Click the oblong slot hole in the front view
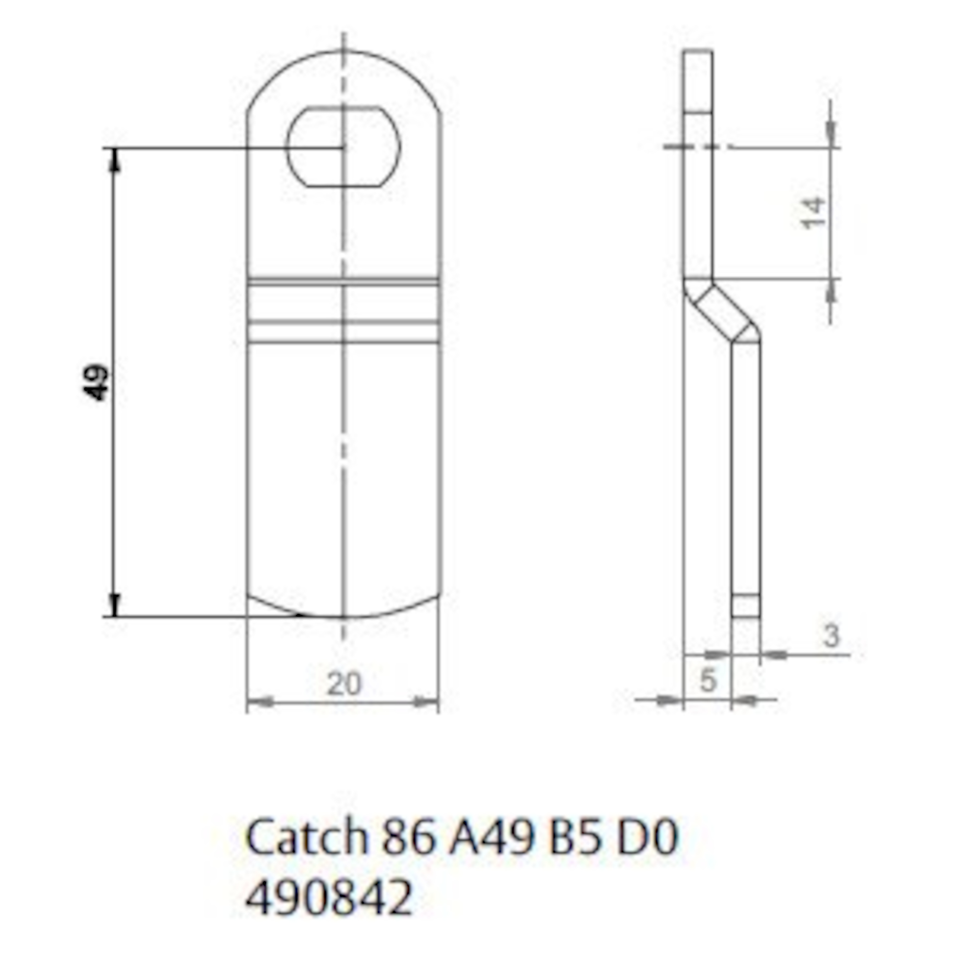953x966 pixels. (x=343, y=146)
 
